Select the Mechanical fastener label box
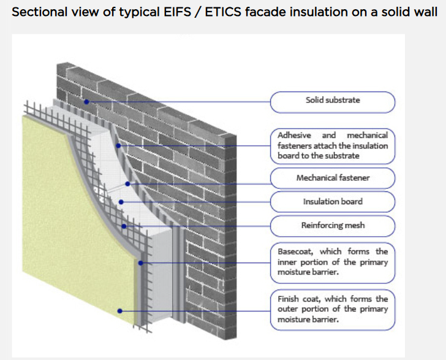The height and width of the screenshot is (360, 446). coord(333,178)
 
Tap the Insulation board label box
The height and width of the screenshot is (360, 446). coord(333,201)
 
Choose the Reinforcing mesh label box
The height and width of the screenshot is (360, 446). coord(333,225)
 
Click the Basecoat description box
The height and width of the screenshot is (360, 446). coord(333,261)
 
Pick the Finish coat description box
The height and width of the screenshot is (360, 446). coord(333,309)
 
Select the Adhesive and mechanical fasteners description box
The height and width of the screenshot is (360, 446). coord(333,145)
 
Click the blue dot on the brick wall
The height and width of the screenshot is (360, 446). coord(87,102)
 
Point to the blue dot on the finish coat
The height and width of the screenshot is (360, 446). coord(120,311)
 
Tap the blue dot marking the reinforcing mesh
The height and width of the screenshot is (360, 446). coord(124,226)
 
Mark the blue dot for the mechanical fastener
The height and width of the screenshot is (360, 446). coord(127,183)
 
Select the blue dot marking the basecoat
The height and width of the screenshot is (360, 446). coord(140,262)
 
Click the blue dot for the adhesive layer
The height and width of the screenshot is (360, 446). coord(118,145)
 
